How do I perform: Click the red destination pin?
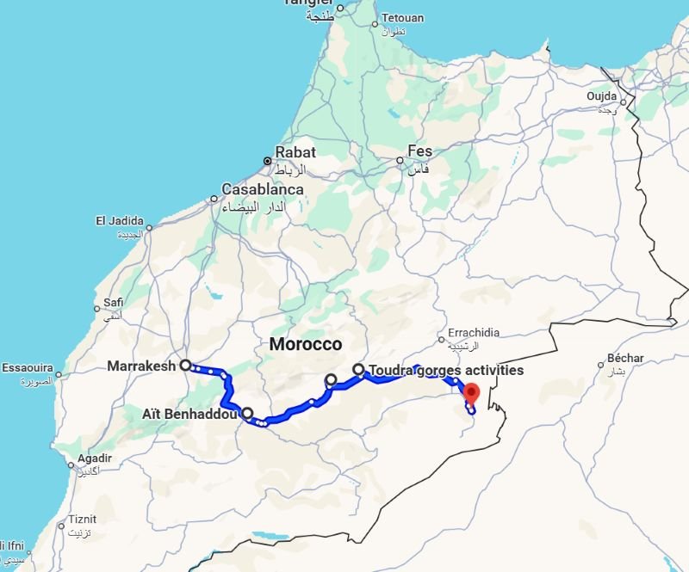[x=471, y=394]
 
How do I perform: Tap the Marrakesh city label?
[x=141, y=366]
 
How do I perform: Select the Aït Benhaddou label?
[x=189, y=415]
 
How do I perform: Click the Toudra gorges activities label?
[x=445, y=371]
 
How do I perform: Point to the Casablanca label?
[x=262, y=189]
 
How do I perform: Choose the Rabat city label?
[x=295, y=152]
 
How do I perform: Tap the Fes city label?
[x=419, y=151]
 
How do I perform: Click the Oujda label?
[x=601, y=96]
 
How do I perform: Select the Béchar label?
[x=625, y=358]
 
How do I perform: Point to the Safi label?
[x=114, y=302]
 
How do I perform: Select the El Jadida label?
[x=118, y=221]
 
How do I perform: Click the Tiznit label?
[x=84, y=519]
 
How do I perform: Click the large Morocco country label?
[x=306, y=344]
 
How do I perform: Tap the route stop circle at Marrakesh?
[x=185, y=365]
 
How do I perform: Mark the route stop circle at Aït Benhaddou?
[x=247, y=413]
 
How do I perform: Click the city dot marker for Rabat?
[x=268, y=161]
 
